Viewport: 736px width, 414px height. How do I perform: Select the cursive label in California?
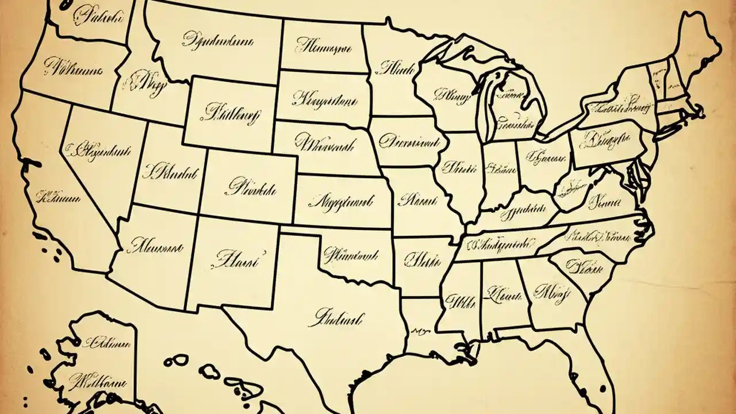pos(57,197)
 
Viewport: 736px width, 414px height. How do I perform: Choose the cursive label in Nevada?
pos(98,152)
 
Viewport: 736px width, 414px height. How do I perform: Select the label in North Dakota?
pos(322,44)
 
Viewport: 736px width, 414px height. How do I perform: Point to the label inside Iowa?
pos(408,141)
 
